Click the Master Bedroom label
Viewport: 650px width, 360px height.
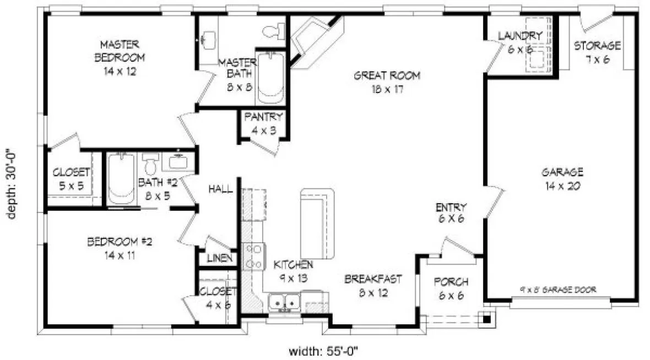(120, 57)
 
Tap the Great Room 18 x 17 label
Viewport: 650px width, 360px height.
(387, 82)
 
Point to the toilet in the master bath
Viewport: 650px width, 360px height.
(272, 31)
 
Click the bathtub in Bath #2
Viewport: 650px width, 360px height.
(121, 178)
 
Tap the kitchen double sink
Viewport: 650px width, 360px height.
(284, 302)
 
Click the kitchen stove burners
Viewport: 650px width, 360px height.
(254, 257)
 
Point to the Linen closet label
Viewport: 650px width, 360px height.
(218, 258)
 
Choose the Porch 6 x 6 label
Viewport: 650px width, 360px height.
(451, 288)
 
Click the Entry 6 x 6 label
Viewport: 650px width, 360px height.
(451, 213)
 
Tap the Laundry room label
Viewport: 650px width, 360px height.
(520, 42)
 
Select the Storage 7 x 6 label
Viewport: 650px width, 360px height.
(597, 52)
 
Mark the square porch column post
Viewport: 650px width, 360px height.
(487, 318)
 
